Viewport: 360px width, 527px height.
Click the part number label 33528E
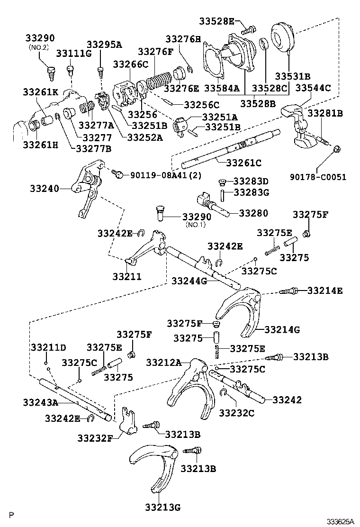click(x=216, y=21)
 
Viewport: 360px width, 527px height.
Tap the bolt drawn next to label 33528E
click(x=249, y=28)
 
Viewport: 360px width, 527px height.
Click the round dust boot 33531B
click(x=283, y=35)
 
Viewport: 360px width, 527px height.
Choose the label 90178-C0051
click(x=318, y=177)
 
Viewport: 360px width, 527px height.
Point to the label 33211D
click(x=48, y=347)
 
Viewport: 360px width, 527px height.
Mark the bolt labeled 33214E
click(x=288, y=291)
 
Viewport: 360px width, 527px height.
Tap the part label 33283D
click(x=251, y=181)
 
